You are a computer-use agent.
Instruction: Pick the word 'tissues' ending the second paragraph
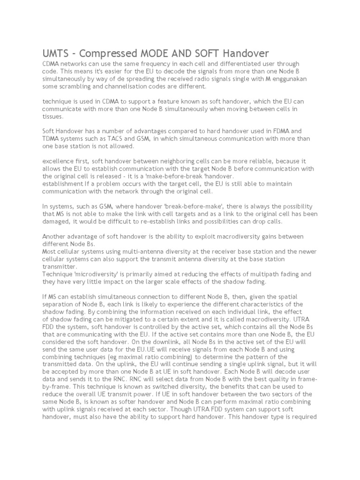tap(52, 117)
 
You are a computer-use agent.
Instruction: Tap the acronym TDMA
tap(52, 139)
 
